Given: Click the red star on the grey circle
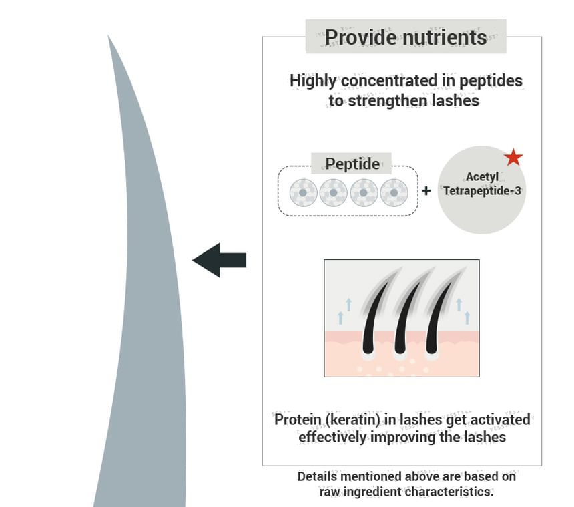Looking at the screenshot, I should pos(513,157).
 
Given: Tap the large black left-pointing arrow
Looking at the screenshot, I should pos(220,260).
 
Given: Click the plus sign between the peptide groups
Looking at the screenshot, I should pos(426,191).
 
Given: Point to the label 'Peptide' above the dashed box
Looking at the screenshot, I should pos(352,164).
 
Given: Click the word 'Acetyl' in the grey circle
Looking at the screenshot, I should pos(482,177).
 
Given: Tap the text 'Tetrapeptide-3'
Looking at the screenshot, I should pos(482,191).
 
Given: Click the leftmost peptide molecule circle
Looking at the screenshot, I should pos(303,193).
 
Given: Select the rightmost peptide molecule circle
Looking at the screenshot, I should pos(394,193).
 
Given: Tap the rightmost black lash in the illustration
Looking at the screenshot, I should pos(435,321).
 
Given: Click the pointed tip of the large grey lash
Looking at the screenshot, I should pos(109,40).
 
